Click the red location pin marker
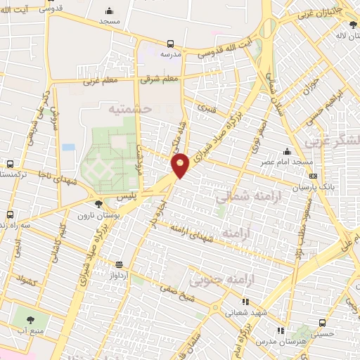[x=181, y=165]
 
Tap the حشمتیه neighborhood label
[x=130, y=109]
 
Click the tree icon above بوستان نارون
[x=98, y=203]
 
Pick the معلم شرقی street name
[x=160, y=79]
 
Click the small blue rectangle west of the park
[x=68, y=148]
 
